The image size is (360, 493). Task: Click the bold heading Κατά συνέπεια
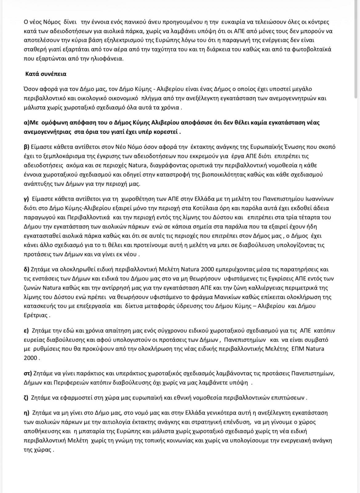pyautogui.click(x=46, y=74)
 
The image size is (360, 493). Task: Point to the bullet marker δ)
pyautogui.click(x=26, y=270)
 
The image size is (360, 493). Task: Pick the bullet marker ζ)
pyautogui.click(x=26, y=397)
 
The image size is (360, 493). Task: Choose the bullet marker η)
pyautogui.click(x=26, y=412)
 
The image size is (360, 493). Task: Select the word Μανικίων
pyautogui.click(x=243, y=297)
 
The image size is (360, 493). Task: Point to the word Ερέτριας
pyautogui.click(x=35, y=315)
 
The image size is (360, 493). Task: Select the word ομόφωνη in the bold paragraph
pyautogui.click(x=53, y=123)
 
